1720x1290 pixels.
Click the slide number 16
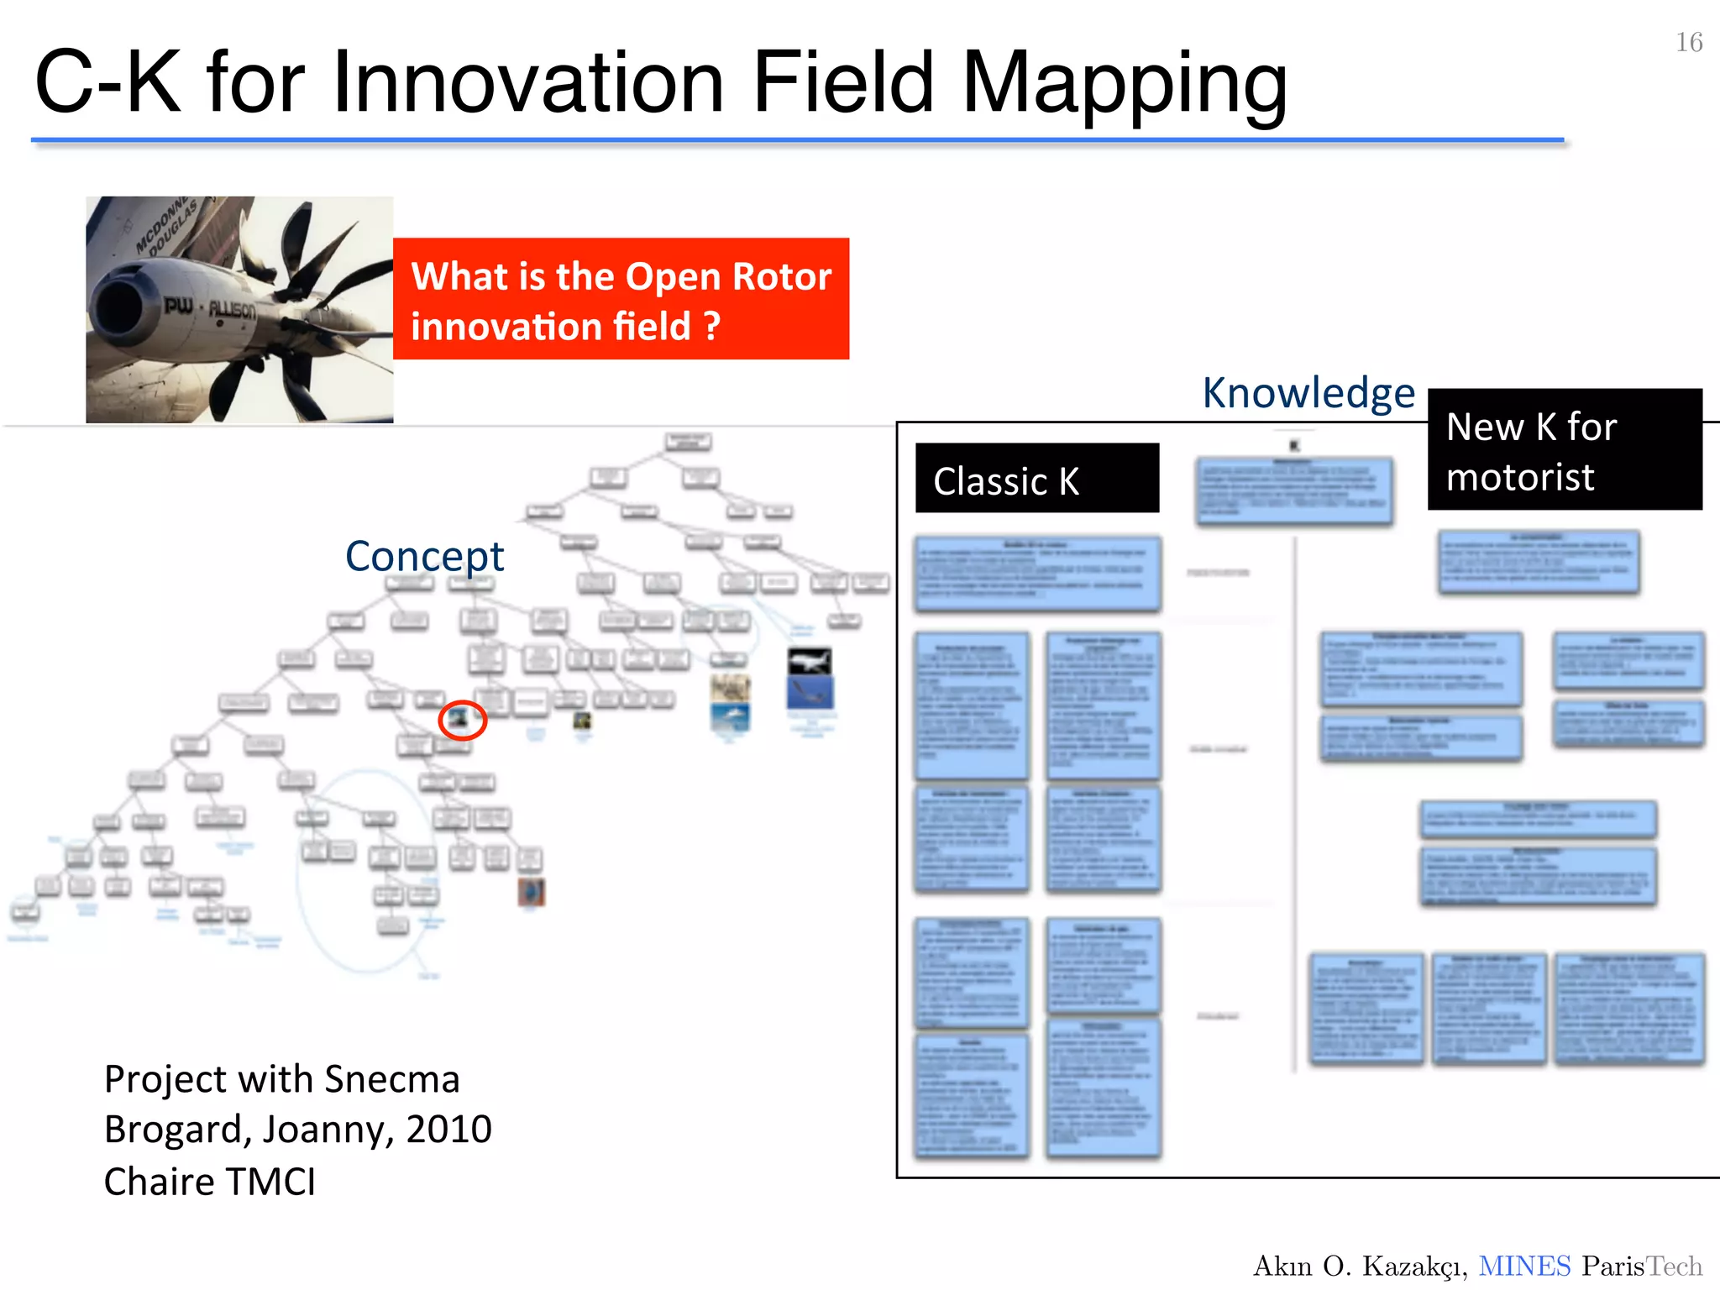coord(1689,42)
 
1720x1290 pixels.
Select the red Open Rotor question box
coord(621,299)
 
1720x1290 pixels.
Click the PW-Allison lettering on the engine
coord(210,308)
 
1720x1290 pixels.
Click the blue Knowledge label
coord(1308,393)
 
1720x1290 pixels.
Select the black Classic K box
coord(1036,479)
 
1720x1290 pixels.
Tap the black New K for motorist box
coord(1564,450)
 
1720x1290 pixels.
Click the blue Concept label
coord(424,556)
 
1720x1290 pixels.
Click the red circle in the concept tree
coord(462,720)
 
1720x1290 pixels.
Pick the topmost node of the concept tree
coord(688,442)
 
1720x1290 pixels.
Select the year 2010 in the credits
coord(448,1130)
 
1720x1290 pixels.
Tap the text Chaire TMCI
coord(210,1182)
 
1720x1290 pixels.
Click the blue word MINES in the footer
coord(1523,1266)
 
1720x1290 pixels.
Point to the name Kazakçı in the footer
coord(1414,1266)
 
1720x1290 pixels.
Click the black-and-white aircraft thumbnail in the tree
coord(810,662)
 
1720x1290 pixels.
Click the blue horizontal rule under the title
coord(797,140)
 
